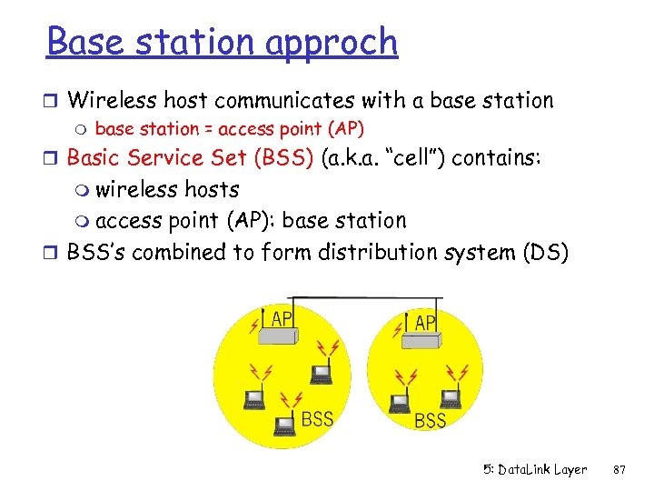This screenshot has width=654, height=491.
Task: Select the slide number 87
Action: click(x=620, y=470)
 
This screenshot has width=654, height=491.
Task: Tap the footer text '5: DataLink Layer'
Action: click(x=535, y=470)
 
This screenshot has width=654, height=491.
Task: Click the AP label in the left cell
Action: click(x=282, y=318)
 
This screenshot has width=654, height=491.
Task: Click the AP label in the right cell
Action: click(x=424, y=323)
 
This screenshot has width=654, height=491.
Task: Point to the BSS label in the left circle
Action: click(x=317, y=419)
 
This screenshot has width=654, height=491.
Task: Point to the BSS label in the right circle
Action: click(x=430, y=420)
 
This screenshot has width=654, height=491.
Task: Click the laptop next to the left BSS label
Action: click(x=285, y=420)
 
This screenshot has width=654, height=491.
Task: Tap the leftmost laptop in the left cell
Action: click(x=253, y=395)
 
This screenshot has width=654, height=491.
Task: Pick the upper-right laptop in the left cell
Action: click(x=320, y=374)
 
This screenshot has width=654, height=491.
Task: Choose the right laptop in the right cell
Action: click(x=449, y=396)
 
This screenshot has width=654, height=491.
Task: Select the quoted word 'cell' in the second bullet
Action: click(x=416, y=158)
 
